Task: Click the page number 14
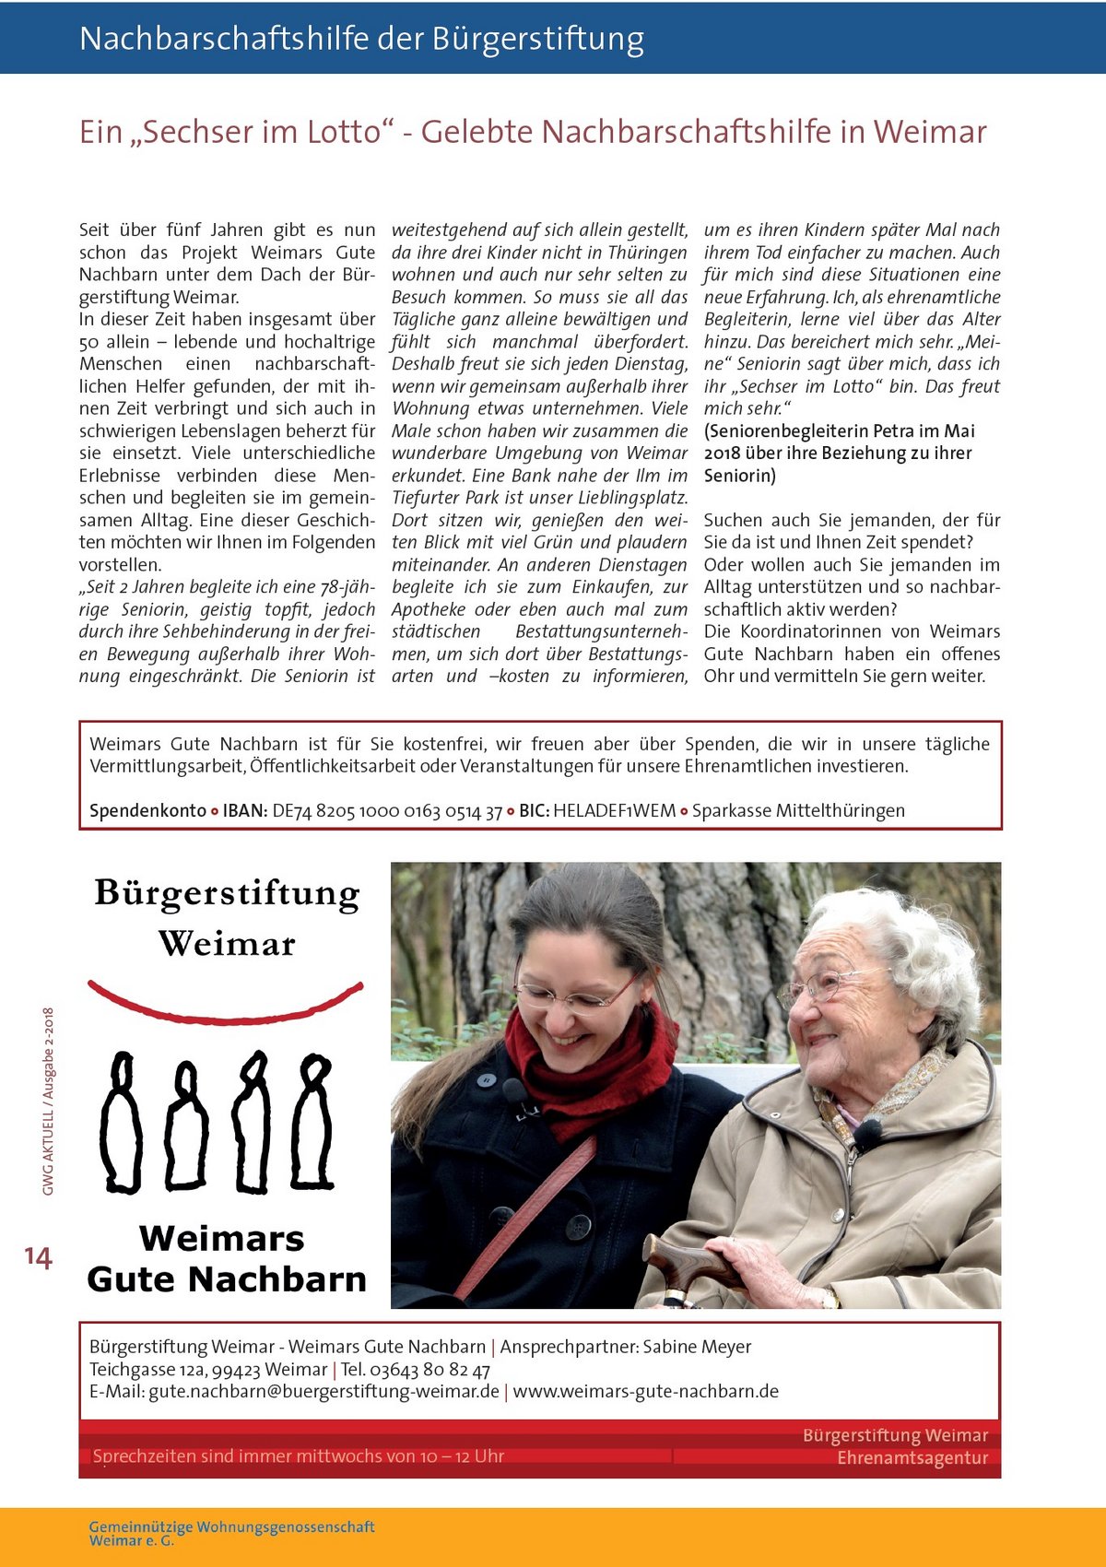(x=38, y=1257)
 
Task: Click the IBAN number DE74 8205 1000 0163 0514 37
(x=387, y=811)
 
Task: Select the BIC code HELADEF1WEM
(x=614, y=811)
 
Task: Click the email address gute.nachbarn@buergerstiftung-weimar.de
(x=324, y=1391)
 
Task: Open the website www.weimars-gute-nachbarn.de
(x=645, y=1391)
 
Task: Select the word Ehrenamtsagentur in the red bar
(x=912, y=1458)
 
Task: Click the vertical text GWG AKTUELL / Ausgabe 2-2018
(x=48, y=1102)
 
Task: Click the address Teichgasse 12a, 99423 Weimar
(x=208, y=1370)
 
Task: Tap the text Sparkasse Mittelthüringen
(x=798, y=811)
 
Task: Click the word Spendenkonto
(x=147, y=811)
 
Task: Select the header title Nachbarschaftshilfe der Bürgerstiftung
(x=361, y=39)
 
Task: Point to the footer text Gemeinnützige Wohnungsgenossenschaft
(x=231, y=1527)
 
